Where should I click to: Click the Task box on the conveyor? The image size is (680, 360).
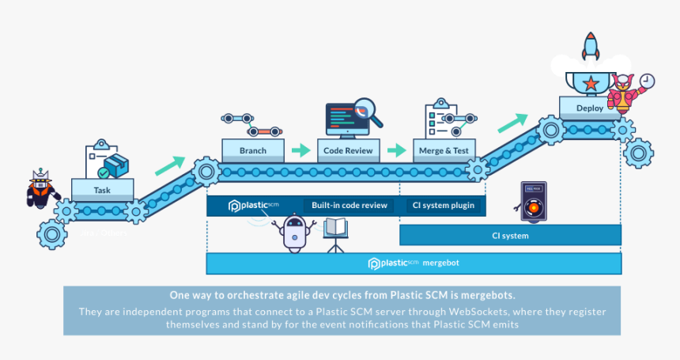(x=102, y=190)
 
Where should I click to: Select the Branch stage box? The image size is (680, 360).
(x=252, y=150)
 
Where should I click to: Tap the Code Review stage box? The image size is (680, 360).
(x=349, y=150)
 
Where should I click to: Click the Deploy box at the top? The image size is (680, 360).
(x=590, y=108)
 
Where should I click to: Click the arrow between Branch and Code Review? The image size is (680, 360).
(x=300, y=150)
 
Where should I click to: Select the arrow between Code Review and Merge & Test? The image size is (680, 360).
(x=398, y=150)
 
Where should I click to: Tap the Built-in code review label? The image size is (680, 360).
(x=349, y=206)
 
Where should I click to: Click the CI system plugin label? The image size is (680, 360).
(x=443, y=206)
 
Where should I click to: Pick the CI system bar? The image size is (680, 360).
(x=510, y=235)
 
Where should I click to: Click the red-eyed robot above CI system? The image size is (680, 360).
(x=534, y=202)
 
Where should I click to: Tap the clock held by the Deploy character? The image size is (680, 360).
(x=647, y=81)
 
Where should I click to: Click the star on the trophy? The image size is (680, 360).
(x=590, y=83)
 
